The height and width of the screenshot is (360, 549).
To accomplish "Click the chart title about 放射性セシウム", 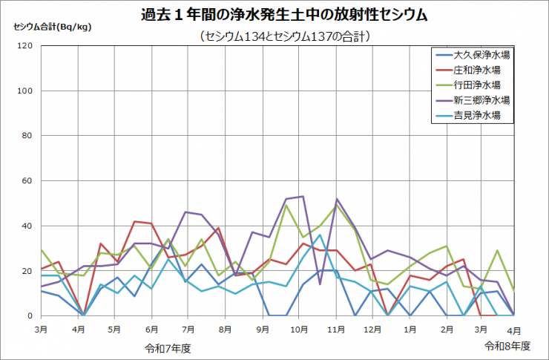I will pos(274,15).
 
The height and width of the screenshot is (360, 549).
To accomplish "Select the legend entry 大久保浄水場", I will pos(481,55).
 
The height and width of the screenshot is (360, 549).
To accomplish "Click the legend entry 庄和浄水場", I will pos(476,70).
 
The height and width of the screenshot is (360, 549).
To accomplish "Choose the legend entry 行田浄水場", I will pos(476,85).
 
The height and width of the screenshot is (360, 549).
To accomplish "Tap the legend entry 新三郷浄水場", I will pos(481,99).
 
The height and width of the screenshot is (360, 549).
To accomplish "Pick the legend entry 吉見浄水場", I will pos(476,115).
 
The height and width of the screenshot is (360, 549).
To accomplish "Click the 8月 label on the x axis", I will pos(225,328).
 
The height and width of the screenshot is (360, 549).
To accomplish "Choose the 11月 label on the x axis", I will pos(335,328).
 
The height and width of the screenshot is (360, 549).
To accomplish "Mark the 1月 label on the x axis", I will pos(410,328).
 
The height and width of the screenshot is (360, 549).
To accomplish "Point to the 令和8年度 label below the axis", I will pos(508,346).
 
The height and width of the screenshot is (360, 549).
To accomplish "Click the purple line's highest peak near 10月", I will pos(302,197).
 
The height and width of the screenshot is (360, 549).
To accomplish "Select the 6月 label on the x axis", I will pos(151,328).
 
